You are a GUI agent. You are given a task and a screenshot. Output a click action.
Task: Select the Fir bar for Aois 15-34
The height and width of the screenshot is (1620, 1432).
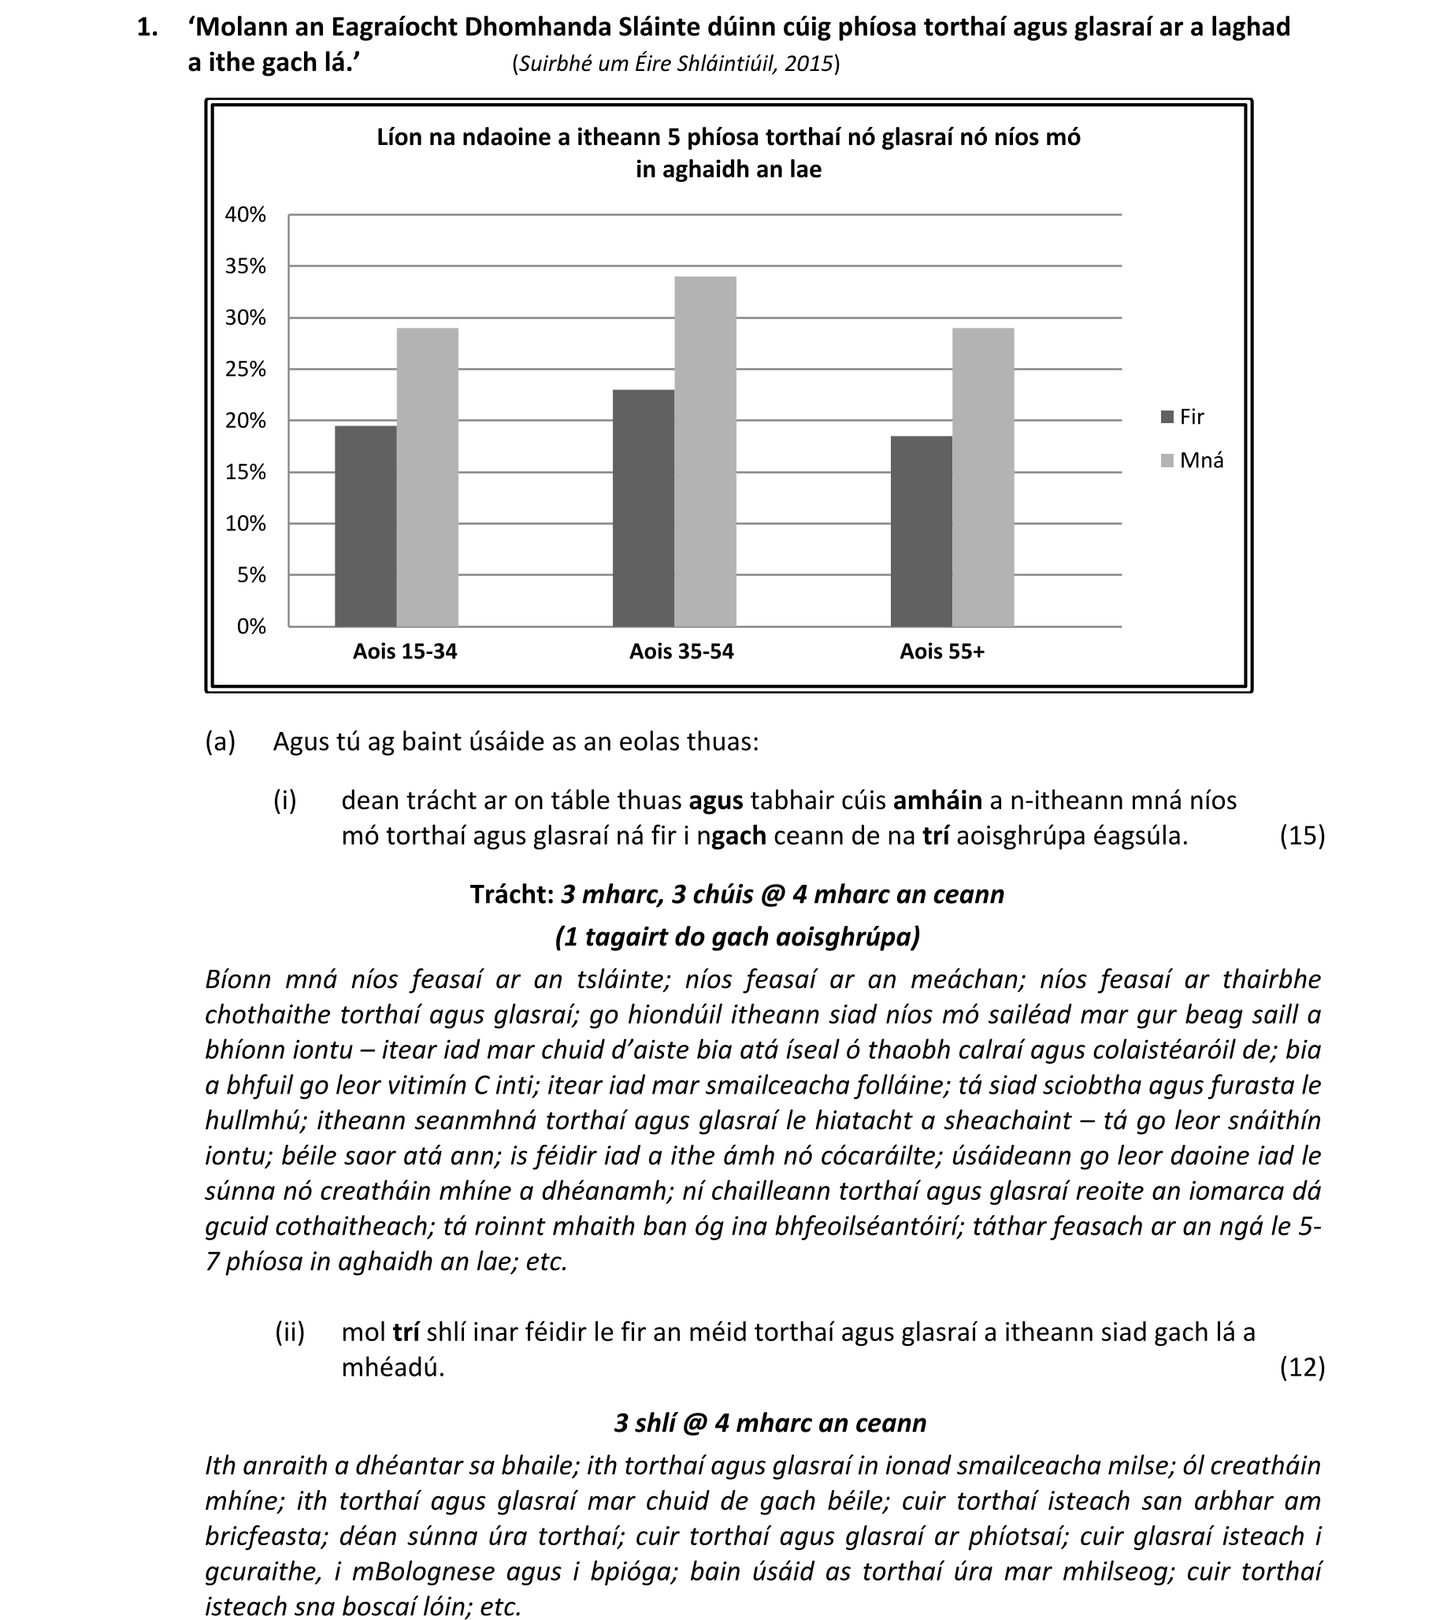click(x=365, y=526)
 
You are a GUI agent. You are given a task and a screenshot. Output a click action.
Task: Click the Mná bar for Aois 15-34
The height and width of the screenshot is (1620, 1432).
click(x=427, y=477)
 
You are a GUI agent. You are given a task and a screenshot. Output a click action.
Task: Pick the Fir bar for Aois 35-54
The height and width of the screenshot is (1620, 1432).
click(x=643, y=508)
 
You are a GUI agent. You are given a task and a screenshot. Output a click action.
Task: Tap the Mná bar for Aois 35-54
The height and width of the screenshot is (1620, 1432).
click(x=705, y=451)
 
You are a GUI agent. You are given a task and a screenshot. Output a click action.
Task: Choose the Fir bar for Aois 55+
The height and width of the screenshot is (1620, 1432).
click(x=921, y=531)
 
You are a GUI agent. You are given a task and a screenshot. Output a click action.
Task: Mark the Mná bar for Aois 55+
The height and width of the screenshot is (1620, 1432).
click(x=983, y=477)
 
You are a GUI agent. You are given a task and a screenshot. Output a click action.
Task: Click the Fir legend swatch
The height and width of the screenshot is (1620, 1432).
click(x=1167, y=417)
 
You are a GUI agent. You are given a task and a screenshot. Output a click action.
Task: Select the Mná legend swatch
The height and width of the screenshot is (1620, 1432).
click(x=1167, y=460)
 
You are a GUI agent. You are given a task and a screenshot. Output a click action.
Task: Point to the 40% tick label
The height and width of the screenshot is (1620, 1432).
click(x=246, y=215)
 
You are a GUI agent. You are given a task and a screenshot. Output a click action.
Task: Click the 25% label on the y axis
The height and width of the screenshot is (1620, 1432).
click(x=246, y=370)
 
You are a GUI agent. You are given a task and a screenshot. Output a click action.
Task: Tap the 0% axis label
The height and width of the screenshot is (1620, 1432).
click(x=251, y=627)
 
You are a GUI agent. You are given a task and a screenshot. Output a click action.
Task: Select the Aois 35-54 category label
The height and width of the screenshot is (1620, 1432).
click(x=681, y=652)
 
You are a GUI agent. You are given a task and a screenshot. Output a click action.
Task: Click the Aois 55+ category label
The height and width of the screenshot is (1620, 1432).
click(x=941, y=652)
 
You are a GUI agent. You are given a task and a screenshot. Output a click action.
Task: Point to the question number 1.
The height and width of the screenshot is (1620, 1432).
click(x=147, y=28)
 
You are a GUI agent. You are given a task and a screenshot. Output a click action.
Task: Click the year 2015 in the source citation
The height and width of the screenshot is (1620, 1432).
click(x=808, y=64)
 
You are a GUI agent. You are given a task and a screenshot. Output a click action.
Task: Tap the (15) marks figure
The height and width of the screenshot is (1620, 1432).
click(x=1302, y=835)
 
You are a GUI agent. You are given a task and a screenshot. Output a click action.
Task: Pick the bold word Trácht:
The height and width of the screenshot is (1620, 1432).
click(x=512, y=894)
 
